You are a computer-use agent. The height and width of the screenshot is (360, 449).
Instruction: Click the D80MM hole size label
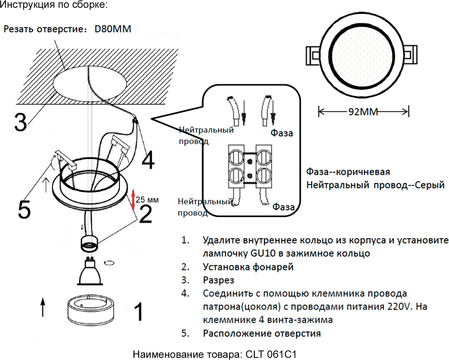pos(113,29)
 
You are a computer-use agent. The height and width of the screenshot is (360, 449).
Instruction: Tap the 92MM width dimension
pos(363,112)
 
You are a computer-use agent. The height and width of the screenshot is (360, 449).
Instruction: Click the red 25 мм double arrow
pos(133,199)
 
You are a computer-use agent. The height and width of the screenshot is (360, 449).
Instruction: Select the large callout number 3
pos(21,122)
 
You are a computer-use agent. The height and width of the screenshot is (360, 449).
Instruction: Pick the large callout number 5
pos(24,209)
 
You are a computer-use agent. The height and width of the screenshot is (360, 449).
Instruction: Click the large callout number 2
pos(146,214)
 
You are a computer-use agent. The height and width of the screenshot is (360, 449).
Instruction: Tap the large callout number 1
pos(138,312)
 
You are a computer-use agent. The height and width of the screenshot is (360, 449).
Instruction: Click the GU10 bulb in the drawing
pos(90,273)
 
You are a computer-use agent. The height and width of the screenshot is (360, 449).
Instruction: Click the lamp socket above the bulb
pos(90,243)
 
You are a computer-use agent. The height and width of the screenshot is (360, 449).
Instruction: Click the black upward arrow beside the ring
pos(43,306)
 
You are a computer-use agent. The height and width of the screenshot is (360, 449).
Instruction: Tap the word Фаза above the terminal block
pos(282,133)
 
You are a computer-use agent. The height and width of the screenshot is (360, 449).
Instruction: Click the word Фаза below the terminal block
pos(283,207)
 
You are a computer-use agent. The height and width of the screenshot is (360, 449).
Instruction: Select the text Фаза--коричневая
pos(348,172)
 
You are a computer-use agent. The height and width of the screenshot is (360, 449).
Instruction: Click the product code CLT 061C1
pos(271,354)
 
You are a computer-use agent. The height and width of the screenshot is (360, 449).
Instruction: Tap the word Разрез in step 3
pos(218,280)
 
